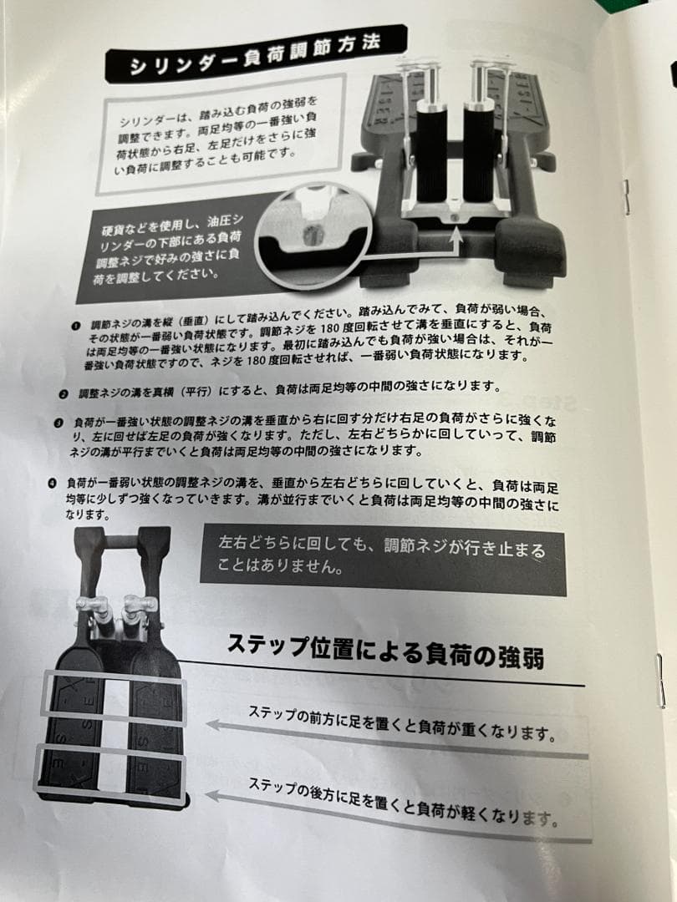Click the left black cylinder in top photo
click(431, 155)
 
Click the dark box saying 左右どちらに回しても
click(382, 559)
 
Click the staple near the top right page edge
click(624, 197)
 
